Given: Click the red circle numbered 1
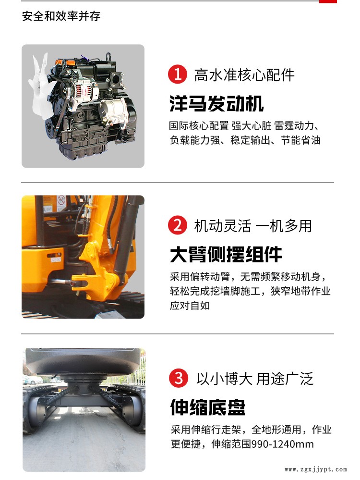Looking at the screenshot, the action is click(x=178, y=74).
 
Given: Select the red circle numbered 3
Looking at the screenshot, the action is click(x=178, y=378).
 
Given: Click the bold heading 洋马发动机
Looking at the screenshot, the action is click(x=216, y=103).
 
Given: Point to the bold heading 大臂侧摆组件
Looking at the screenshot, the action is click(x=226, y=254).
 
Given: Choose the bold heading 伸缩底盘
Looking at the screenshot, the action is click(x=208, y=407).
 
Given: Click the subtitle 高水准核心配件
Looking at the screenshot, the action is click(x=244, y=75).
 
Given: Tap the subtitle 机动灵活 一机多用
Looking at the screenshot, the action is click(x=253, y=226).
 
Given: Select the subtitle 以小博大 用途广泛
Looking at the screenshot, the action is click(x=255, y=379).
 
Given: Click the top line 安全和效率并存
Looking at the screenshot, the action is click(x=61, y=16).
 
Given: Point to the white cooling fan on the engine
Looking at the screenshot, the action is click(x=40, y=84).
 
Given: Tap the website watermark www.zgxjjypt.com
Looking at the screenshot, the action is click(x=316, y=469).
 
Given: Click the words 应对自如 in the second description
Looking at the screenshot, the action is click(x=190, y=305).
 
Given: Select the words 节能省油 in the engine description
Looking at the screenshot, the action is click(x=300, y=140).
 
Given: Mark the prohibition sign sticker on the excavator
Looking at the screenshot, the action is click(x=61, y=200).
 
